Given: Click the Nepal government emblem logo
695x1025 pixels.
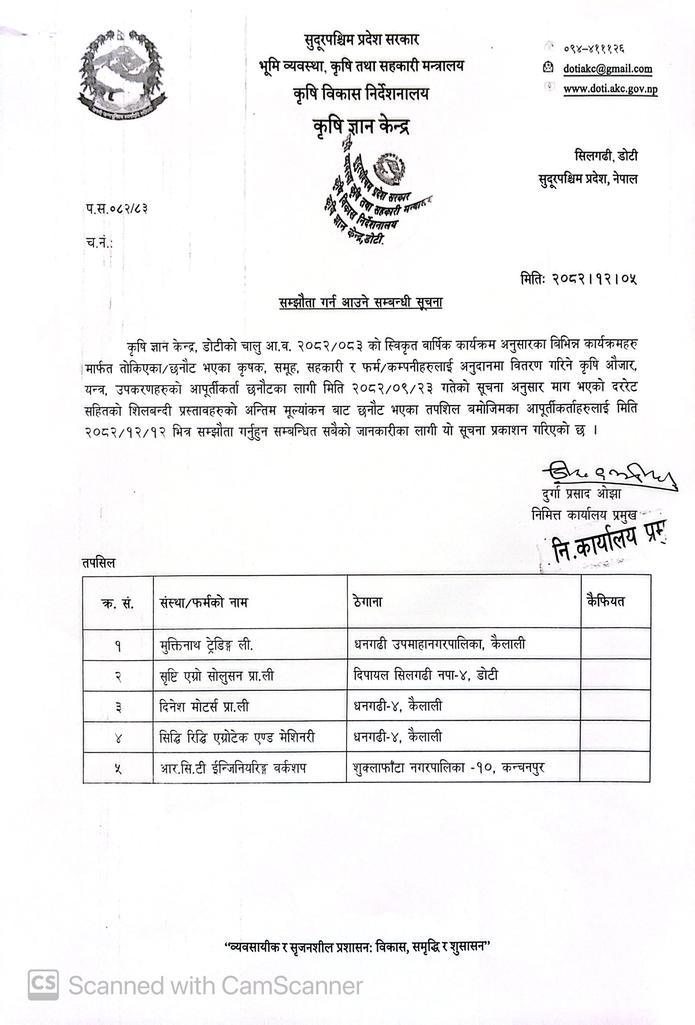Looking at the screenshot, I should pos(122,75).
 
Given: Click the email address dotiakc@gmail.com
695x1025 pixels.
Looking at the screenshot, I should pos(607,69).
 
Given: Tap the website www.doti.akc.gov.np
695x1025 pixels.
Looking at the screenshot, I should pos(610,89).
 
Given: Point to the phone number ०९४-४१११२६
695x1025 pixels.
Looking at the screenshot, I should pos(594,48).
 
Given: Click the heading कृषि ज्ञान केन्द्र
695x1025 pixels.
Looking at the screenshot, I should pos(361,127).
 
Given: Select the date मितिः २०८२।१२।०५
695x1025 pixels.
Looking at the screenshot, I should pos(578,279).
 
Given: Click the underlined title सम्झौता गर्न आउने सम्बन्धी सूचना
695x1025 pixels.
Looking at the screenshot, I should pos(360,302).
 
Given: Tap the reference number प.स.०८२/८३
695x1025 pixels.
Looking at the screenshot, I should pos(117,208).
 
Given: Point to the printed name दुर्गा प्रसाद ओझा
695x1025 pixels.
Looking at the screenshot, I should pos(581,494).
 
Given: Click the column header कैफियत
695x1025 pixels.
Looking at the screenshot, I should pos(605,601).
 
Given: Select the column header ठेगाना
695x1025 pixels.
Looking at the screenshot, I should pos(368,602).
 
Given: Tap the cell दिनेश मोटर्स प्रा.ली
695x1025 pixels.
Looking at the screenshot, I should pos(204,707).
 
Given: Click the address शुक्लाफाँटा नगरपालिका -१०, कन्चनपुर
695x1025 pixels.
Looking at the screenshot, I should pos(448,768).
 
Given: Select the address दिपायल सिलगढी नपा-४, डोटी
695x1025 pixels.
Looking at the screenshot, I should pos(425,675).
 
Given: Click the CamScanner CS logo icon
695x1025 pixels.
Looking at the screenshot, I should pos(43,985).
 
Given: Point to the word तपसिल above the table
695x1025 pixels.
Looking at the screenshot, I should pos(98,563).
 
